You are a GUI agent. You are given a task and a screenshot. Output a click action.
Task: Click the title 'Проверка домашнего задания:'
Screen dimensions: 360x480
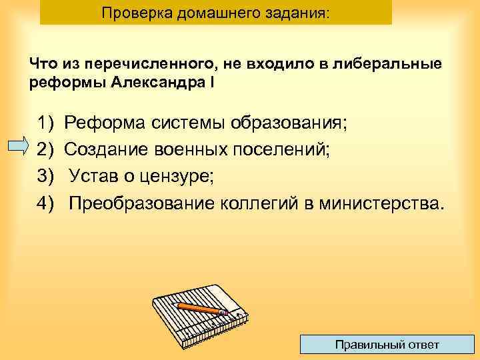pyautogui.click(x=215, y=13)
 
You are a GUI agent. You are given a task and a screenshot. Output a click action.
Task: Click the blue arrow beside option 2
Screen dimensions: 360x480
pyautogui.click(x=21, y=147)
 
